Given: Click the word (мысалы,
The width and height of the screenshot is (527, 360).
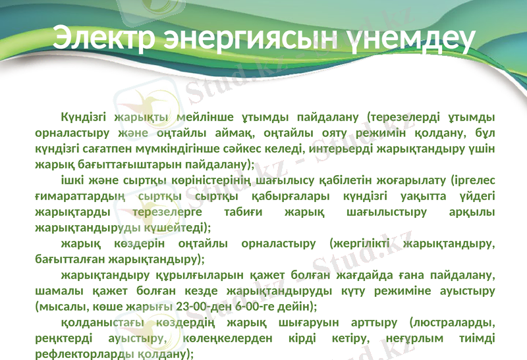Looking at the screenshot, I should point(59,306).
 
